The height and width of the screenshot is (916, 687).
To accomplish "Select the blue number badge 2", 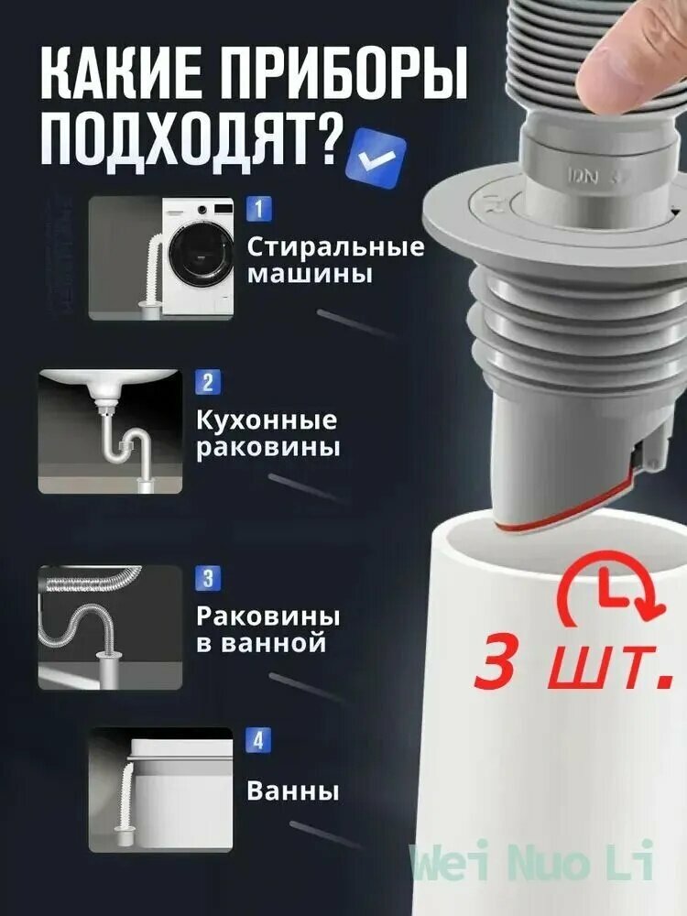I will click(x=208, y=382).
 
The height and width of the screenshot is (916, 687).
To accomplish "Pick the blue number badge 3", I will click(x=208, y=578).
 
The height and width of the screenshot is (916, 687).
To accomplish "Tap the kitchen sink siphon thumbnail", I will click(x=110, y=431).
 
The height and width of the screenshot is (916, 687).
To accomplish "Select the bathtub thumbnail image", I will click(x=161, y=789).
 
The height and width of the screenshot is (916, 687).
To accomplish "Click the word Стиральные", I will click(x=336, y=247).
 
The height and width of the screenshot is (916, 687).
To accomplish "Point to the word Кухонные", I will click(x=267, y=420).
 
